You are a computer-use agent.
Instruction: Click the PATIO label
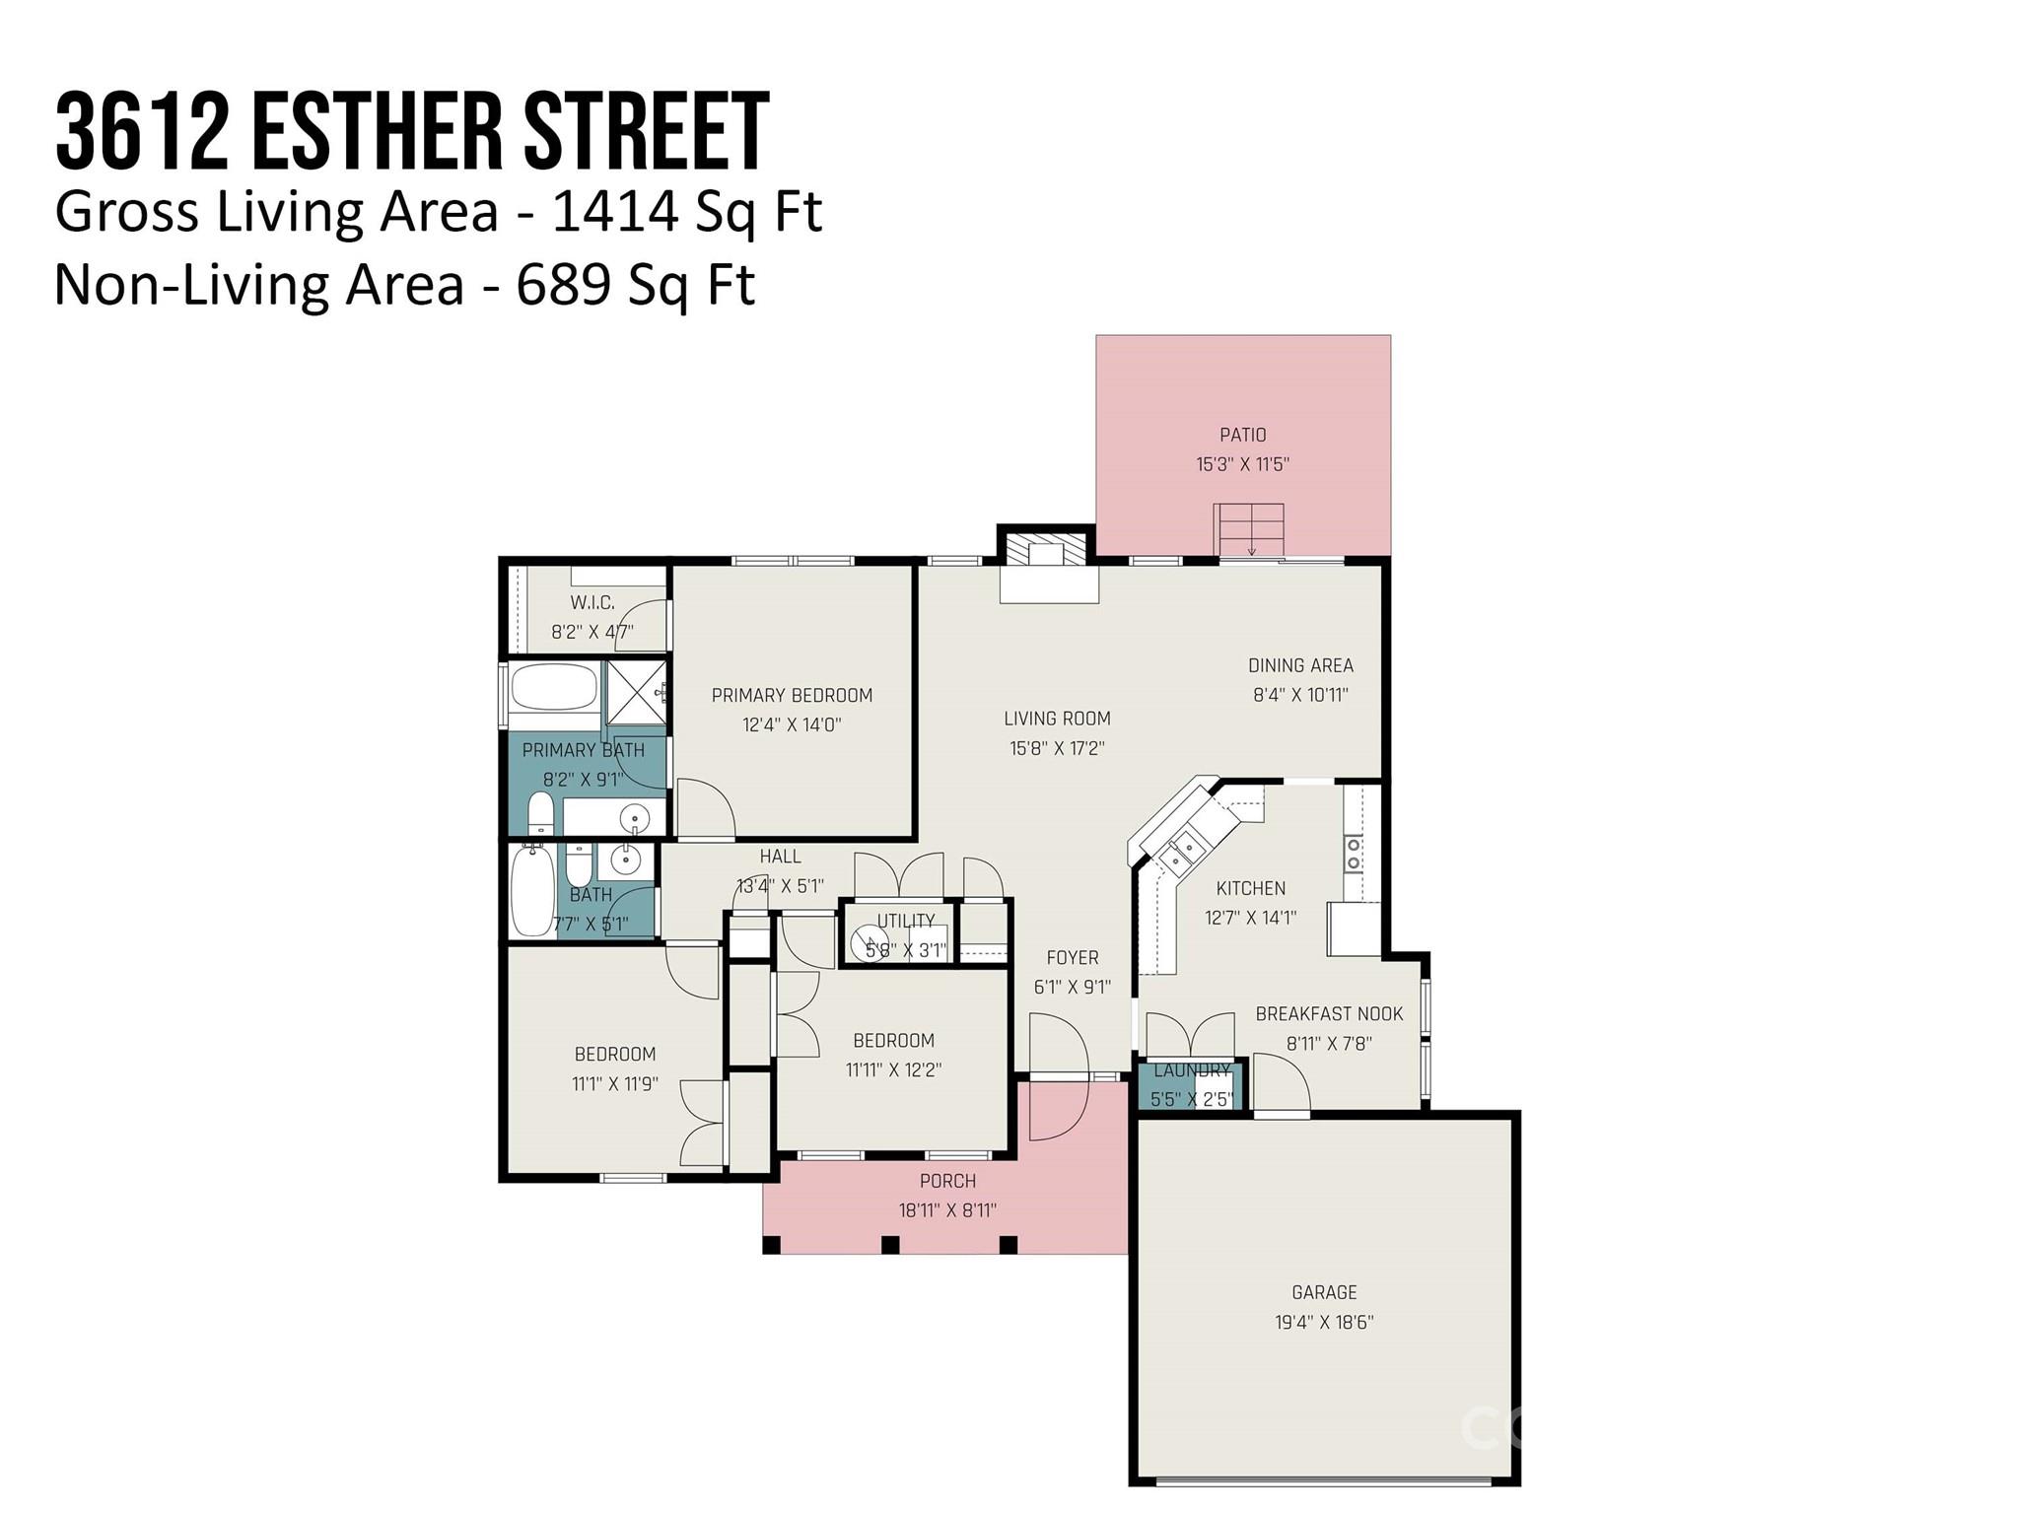1242,435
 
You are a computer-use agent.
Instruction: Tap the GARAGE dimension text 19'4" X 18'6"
1324,1322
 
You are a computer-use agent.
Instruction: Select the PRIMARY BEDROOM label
792,696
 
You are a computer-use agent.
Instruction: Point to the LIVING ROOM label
1057,719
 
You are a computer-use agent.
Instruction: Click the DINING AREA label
1300,665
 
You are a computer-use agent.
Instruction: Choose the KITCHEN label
1250,888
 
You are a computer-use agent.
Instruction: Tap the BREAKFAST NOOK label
1329,1013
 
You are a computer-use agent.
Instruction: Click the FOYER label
1072,957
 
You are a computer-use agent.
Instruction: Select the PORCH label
947,1181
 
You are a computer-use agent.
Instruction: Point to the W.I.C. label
592,602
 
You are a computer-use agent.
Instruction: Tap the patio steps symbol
1249,530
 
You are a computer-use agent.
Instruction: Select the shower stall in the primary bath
636,696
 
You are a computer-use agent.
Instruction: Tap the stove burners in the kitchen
1354,854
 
